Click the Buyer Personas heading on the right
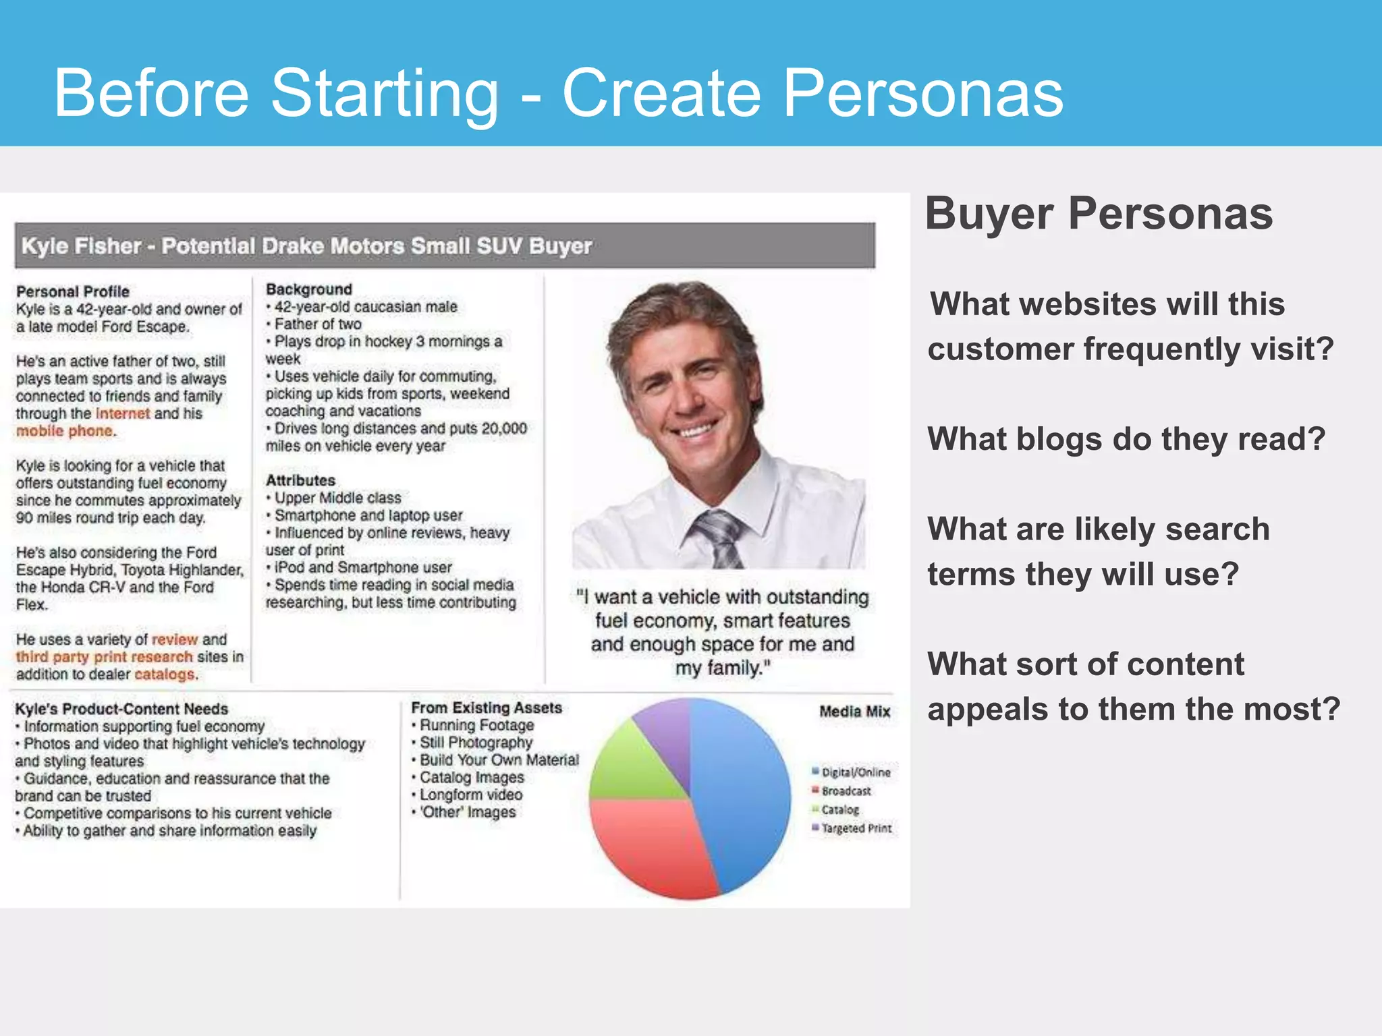point(1099,214)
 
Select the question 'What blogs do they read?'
point(1126,439)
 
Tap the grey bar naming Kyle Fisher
point(445,246)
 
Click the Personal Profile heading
point(73,291)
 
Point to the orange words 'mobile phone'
point(65,431)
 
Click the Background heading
point(309,289)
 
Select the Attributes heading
point(300,480)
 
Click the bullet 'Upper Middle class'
point(337,498)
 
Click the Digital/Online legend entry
point(855,772)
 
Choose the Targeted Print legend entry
point(856,828)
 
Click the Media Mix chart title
point(854,712)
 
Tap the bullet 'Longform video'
point(471,795)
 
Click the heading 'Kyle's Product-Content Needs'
point(121,709)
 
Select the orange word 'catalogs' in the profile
point(165,674)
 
